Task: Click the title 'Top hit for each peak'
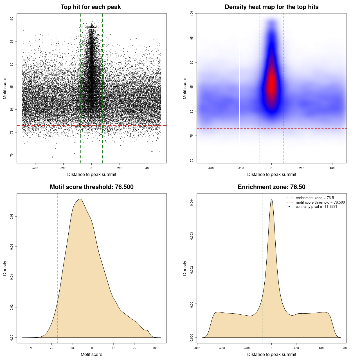[x=91, y=7]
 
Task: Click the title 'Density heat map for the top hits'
[x=271, y=7]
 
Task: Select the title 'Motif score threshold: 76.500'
[x=91, y=187]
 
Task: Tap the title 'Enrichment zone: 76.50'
[x=271, y=187]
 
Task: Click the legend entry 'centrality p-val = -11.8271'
[x=316, y=207]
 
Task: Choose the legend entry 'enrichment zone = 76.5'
[x=315, y=198]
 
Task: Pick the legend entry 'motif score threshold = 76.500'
[x=320, y=202]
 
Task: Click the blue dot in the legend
[x=289, y=207]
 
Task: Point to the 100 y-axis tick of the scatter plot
[x=12, y=19]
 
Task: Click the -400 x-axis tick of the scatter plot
[x=35, y=168]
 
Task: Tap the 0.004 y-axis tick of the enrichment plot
[x=192, y=202]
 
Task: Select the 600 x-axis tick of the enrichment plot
[x=346, y=348]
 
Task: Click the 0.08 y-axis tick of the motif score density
[x=12, y=217]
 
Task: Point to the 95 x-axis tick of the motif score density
[x=134, y=348]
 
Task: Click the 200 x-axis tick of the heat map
[x=302, y=168]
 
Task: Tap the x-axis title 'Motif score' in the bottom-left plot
[x=91, y=354]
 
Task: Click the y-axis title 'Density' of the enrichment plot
[x=185, y=268]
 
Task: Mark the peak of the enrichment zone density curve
[x=271, y=199]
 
